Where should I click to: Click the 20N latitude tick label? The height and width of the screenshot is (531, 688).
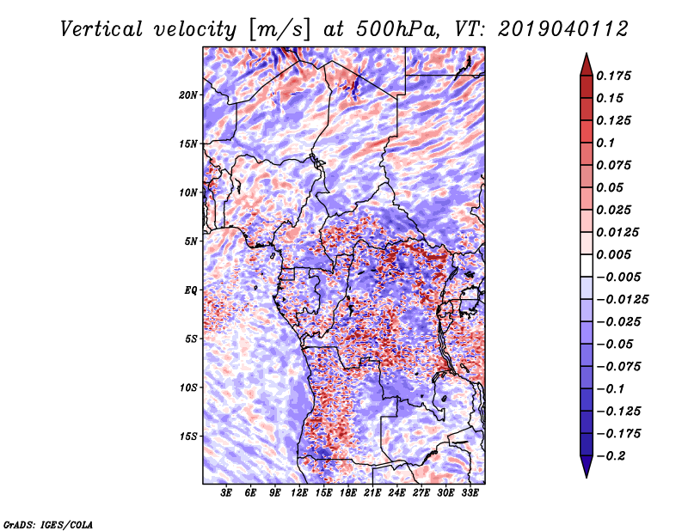tap(187, 95)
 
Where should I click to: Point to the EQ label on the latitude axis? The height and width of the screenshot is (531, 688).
tap(190, 290)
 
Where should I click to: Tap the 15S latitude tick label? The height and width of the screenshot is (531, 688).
tap(188, 436)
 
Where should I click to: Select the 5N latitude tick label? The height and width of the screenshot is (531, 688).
tap(190, 241)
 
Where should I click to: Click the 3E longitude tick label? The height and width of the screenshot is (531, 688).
tap(226, 493)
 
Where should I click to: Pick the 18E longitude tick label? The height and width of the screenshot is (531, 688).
tap(348, 493)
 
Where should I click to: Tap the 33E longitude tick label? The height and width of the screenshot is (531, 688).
tap(470, 493)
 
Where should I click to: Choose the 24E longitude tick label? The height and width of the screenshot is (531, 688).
tap(396, 493)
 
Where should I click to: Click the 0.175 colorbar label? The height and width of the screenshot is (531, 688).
tap(613, 76)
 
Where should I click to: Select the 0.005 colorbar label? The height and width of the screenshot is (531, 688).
tap(613, 254)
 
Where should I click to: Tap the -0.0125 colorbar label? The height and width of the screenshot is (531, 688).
tap(622, 300)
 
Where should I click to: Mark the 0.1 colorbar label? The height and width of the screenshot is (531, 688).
tap(605, 143)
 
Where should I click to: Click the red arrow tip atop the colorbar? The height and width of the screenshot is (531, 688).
tap(587, 53)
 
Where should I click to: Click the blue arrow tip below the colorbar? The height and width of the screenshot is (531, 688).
tap(587, 477)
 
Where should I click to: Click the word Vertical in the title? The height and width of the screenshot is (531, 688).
tap(101, 29)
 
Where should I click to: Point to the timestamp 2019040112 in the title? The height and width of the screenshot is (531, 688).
tap(563, 29)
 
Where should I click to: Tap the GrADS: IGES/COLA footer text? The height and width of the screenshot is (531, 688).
tap(48, 525)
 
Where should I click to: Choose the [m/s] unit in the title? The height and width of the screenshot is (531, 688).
tap(279, 29)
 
